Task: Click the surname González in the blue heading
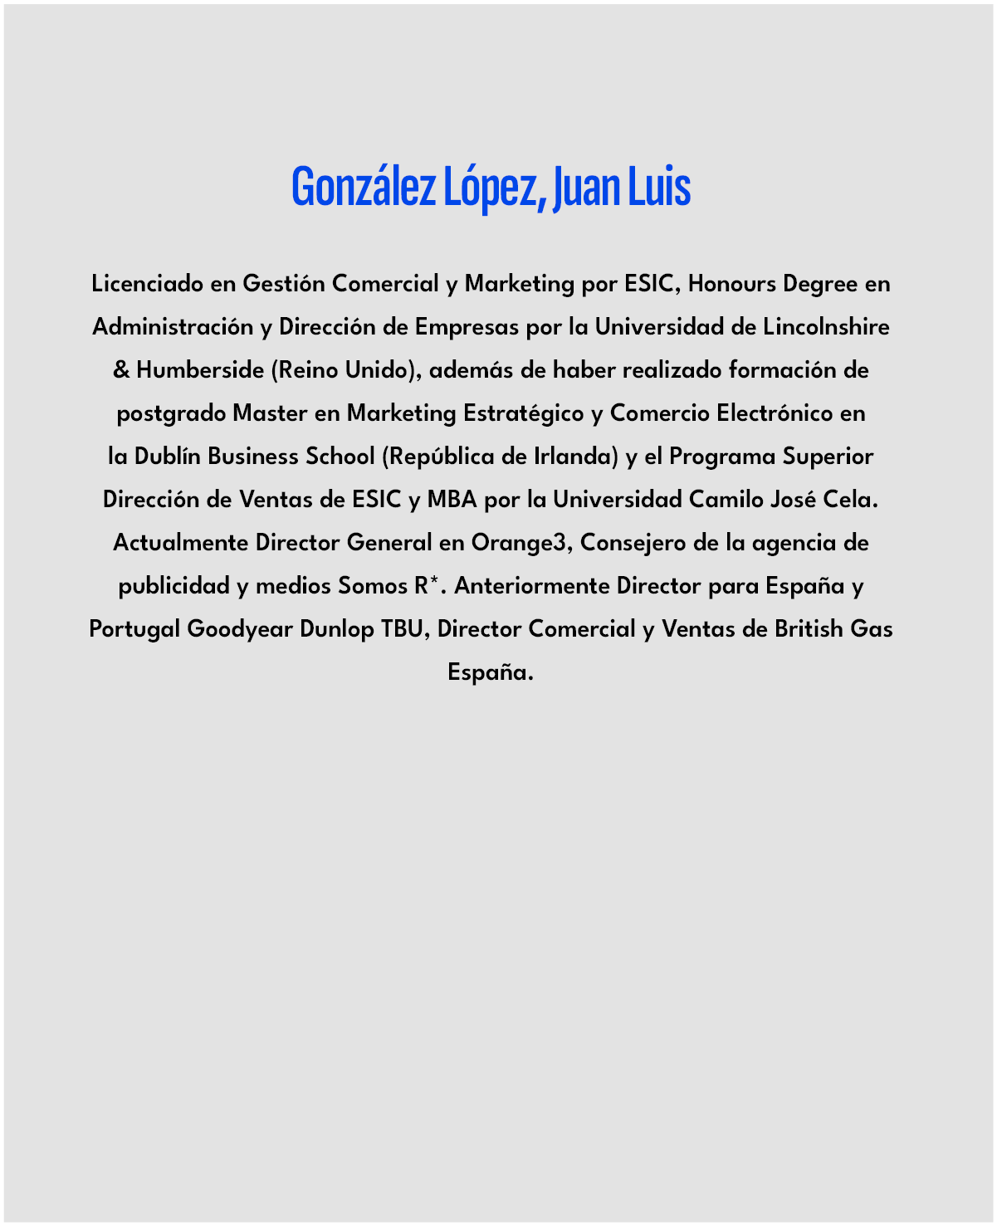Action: pyautogui.click(x=363, y=187)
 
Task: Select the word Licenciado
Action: pyautogui.click(x=147, y=284)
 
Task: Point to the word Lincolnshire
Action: pyautogui.click(x=826, y=327)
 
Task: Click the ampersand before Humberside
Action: pyautogui.click(x=121, y=370)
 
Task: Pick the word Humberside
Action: pyautogui.click(x=200, y=370)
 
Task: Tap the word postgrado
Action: pyautogui.click(x=171, y=413)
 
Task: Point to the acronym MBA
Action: pyautogui.click(x=452, y=500)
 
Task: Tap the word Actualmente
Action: pyautogui.click(x=180, y=543)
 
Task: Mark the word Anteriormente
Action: pyautogui.click(x=531, y=586)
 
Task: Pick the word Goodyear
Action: pyautogui.click(x=240, y=629)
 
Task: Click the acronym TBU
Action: pyautogui.click(x=403, y=629)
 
